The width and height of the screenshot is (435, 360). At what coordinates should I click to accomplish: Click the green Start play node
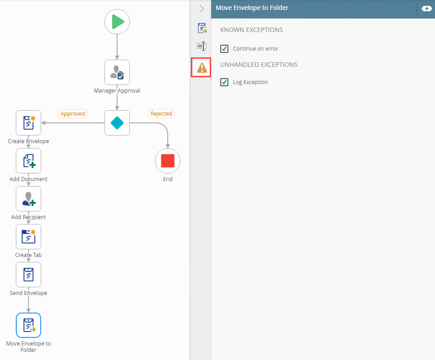[x=117, y=22]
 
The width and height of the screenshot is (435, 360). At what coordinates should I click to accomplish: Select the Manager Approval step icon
[x=117, y=72]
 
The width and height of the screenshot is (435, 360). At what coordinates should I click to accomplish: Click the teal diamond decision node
[x=117, y=123]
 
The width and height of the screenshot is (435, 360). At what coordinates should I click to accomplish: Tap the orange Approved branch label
[x=73, y=114]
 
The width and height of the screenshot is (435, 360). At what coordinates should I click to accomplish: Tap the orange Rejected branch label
[x=161, y=114]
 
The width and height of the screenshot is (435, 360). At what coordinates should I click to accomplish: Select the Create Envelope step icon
[x=28, y=123]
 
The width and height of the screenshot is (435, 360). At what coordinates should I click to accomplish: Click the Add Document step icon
[x=28, y=161]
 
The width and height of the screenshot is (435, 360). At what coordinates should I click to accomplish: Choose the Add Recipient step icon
[x=28, y=199]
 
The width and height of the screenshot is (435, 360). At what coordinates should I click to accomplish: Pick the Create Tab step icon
[x=28, y=237]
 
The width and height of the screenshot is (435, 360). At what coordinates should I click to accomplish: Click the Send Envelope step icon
[x=28, y=275]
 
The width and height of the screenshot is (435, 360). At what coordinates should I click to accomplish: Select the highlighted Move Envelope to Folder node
[x=28, y=325]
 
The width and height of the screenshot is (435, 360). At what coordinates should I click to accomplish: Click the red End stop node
[x=168, y=161]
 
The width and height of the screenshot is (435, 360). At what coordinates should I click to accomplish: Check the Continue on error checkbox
[x=224, y=49]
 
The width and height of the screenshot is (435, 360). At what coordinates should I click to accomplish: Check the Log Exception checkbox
[x=224, y=82]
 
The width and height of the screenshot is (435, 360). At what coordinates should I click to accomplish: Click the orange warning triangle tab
[x=202, y=68]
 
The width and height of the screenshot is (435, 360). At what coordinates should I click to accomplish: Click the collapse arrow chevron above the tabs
[x=202, y=9]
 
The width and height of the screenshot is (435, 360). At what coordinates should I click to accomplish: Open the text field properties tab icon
[x=202, y=46]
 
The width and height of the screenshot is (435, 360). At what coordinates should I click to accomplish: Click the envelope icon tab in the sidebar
[x=202, y=28]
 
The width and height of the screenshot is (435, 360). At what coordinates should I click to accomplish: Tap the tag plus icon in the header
[x=426, y=9]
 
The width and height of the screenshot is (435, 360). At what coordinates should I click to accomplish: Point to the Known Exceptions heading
[x=251, y=30]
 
